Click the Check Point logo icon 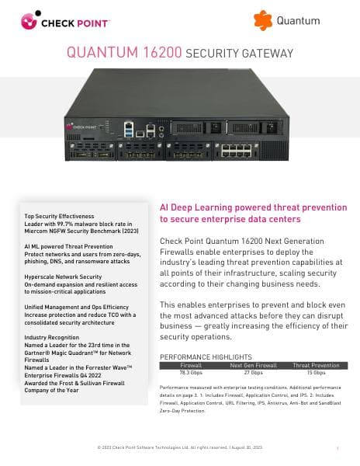click(x=30, y=19)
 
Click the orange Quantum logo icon click(x=264, y=20)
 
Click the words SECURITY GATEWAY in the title click(x=241, y=54)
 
